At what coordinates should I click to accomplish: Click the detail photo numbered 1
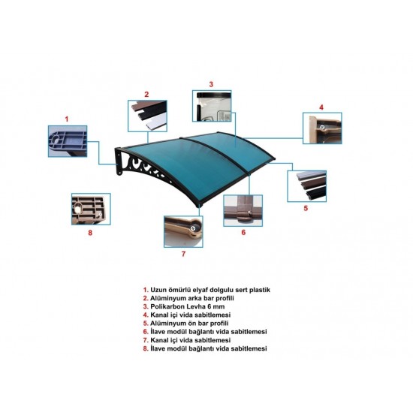(x=68, y=141)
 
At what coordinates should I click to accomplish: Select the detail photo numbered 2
(x=147, y=116)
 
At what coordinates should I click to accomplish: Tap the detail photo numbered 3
(x=212, y=106)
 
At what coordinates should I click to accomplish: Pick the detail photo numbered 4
(x=322, y=128)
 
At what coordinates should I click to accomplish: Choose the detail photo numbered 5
(x=307, y=186)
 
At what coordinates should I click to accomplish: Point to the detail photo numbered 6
(x=243, y=211)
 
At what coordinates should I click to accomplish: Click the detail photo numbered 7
(x=183, y=232)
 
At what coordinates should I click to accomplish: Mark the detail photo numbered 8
(x=91, y=210)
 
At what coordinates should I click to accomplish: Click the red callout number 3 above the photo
(x=211, y=84)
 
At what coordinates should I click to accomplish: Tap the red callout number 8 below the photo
(x=90, y=233)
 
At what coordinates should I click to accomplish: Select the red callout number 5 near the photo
(x=306, y=208)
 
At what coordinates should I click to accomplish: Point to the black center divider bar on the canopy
(x=215, y=155)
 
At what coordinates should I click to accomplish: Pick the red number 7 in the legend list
(x=146, y=340)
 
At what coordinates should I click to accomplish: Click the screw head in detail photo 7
(x=193, y=228)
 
